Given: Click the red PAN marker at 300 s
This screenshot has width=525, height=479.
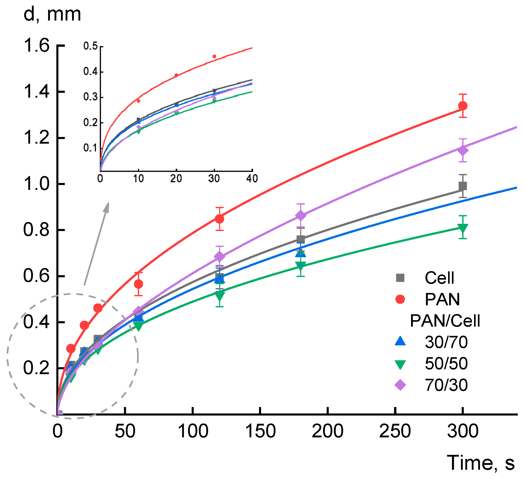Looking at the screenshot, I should (463, 106).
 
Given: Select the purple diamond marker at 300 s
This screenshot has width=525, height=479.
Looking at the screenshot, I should (463, 150).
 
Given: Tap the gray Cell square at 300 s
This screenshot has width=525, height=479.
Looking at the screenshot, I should (463, 186).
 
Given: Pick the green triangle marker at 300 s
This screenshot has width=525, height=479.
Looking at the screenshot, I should (463, 228).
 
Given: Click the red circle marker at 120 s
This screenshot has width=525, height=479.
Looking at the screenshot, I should (219, 219).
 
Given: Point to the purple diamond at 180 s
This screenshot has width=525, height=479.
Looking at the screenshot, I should (301, 215).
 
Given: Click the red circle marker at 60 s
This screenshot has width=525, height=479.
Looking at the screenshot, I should (139, 284).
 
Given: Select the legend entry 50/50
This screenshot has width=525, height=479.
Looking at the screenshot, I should (446, 363).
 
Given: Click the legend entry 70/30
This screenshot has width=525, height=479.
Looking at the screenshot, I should (446, 385).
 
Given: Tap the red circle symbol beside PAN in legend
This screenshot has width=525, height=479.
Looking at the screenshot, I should (400, 299).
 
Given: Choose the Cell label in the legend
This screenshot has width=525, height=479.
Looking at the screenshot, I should (440, 278).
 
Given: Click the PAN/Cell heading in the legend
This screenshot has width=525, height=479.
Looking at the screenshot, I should (445, 320).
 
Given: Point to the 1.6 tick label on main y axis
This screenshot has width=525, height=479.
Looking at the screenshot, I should (37, 45).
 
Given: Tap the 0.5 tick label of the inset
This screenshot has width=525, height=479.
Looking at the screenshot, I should (90, 46).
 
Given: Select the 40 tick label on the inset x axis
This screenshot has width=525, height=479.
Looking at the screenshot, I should (252, 179).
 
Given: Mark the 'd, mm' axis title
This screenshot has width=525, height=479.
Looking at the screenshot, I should (52, 14).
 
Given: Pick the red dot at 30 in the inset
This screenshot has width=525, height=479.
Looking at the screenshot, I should (214, 57).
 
